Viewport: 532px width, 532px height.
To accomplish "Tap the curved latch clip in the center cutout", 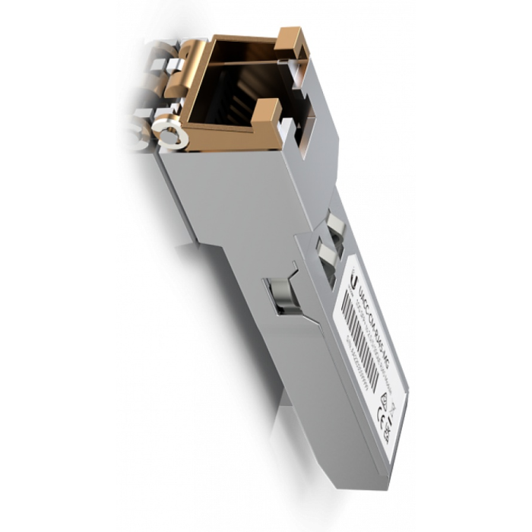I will [279, 295].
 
